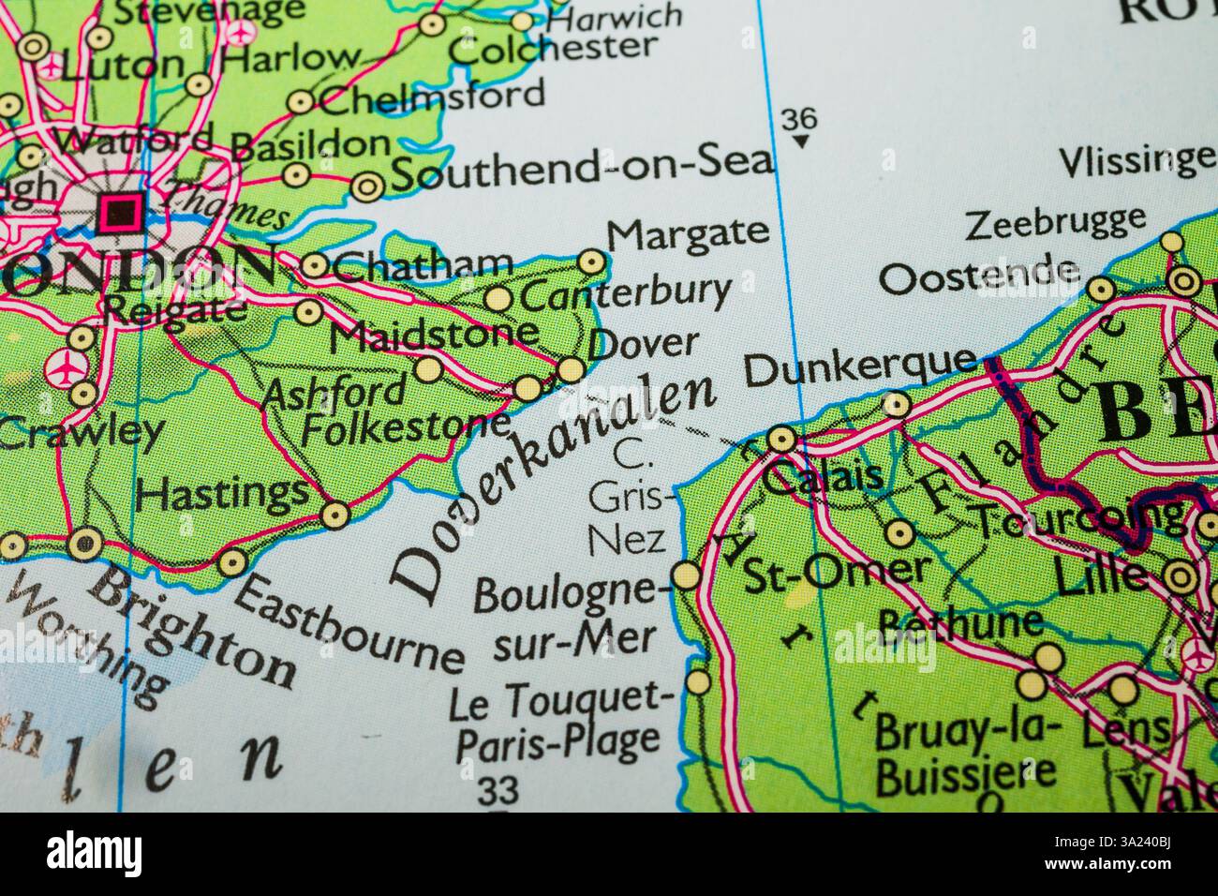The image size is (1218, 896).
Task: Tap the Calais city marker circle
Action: pyautogui.click(x=780, y=439)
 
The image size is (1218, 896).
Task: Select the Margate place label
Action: pyautogui.click(x=689, y=231)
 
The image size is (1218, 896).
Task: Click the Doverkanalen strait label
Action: pyautogui.click(x=553, y=487)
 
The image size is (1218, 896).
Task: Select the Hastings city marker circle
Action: pyautogui.click(x=334, y=514)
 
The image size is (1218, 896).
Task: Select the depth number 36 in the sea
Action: pyautogui.click(x=797, y=120)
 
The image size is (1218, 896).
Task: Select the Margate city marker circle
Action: pyautogui.click(x=591, y=261)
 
